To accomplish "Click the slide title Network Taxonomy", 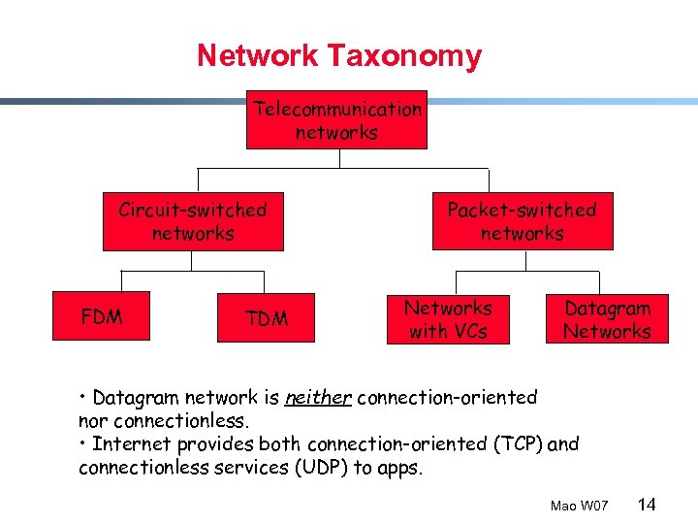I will pos(338,55).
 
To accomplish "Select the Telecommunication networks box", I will pos(336,120).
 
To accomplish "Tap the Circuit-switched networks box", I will pos(193,221).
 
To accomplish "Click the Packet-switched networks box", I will pos(522,221).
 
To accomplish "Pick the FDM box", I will pos(102,316).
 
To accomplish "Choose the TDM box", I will pos(267,318).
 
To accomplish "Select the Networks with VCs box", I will pos(448,319).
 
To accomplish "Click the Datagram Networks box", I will pos(607,319).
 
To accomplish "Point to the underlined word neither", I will pos(317,398).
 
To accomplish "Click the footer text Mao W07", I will pos(579,506).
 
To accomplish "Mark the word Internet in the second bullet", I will pos(132,444).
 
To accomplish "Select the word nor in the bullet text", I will pos(92,421).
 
